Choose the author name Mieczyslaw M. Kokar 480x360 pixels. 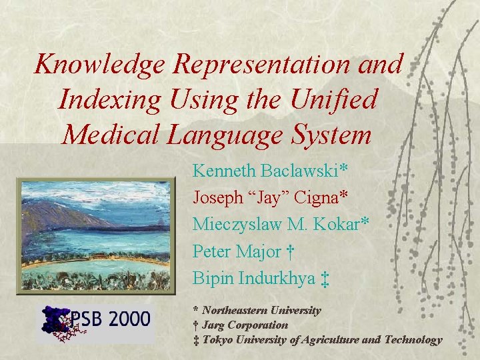[x=276, y=225]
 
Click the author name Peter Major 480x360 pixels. [x=237, y=251]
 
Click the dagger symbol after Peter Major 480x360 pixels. [x=291, y=252]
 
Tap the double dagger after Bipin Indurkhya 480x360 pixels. [x=325, y=279]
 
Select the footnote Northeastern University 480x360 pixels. [x=261, y=310]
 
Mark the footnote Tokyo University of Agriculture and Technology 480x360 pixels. [x=321, y=340]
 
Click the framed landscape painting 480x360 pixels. [x=93, y=235]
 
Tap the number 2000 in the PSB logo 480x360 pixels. [x=127, y=319]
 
